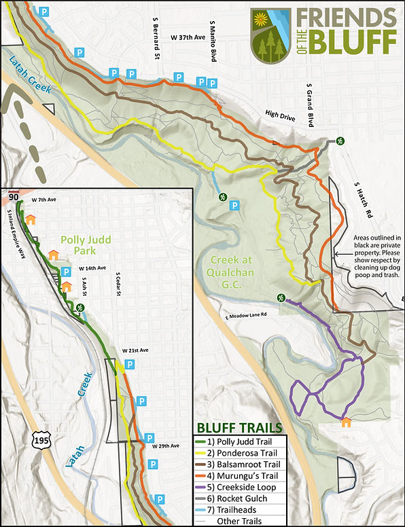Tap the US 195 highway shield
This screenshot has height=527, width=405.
(x=39, y=440)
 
